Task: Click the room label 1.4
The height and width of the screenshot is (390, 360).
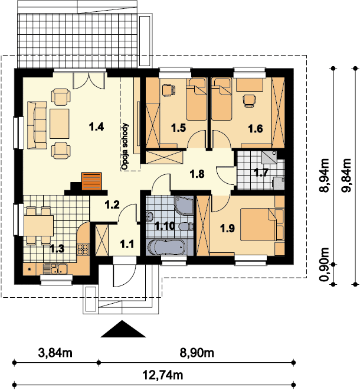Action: click(x=96, y=127)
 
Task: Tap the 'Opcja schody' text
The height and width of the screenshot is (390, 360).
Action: click(x=125, y=147)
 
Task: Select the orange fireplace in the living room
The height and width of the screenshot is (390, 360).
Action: click(x=91, y=181)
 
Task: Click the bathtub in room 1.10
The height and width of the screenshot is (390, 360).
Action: click(x=166, y=247)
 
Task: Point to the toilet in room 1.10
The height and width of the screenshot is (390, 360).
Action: click(x=186, y=226)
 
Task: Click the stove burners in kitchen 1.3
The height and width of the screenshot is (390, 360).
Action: click(x=83, y=249)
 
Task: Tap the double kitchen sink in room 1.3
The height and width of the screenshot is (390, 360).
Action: click(x=55, y=269)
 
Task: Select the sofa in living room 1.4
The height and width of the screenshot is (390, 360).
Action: click(x=37, y=125)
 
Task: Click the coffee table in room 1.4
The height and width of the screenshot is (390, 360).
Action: click(x=60, y=123)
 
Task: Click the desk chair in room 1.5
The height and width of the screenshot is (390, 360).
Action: click(x=169, y=90)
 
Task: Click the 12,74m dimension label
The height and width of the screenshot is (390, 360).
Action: click(x=163, y=375)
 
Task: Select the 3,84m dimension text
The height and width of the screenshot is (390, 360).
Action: click(x=55, y=353)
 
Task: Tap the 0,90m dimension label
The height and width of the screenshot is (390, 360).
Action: click(x=324, y=265)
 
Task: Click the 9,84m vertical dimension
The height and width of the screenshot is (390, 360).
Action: click(x=346, y=175)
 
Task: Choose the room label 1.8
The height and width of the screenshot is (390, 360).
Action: click(x=197, y=174)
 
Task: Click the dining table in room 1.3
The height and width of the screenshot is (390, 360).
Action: click(x=38, y=226)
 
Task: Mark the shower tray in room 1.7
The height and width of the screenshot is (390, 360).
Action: click(x=269, y=157)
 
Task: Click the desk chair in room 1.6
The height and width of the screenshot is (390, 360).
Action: click(x=249, y=100)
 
